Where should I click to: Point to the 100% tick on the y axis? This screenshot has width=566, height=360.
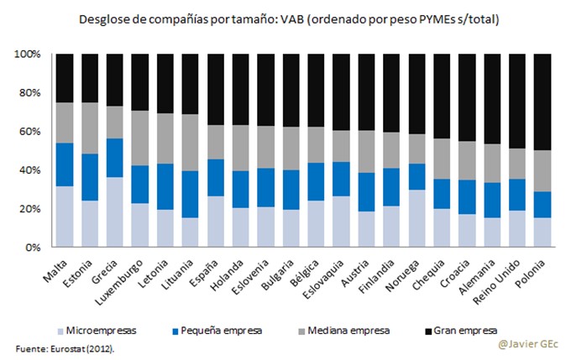pyautogui.click(x=29, y=54)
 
